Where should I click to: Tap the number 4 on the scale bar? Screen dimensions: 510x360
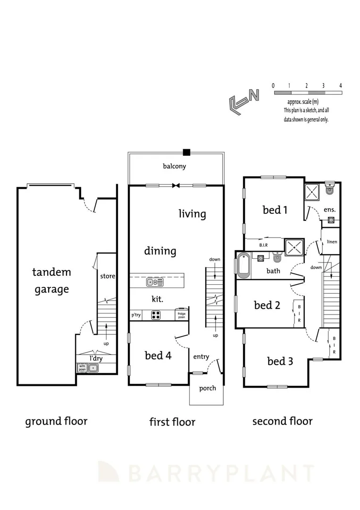[340, 85]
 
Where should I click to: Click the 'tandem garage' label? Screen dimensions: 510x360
[51, 280]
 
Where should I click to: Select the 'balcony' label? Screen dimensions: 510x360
[175, 166]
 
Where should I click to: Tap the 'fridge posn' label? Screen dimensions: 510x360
[181, 314]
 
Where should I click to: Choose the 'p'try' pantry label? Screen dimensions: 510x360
[136, 315]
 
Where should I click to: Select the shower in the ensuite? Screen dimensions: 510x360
[312, 192]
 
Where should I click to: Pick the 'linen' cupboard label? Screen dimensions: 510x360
[332, 242]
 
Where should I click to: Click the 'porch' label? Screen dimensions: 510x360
[208, 388]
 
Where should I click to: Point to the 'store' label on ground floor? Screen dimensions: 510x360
[108, 276]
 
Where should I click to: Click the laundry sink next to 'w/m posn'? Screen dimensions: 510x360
[94, 367]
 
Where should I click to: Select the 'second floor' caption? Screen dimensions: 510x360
[282, 421]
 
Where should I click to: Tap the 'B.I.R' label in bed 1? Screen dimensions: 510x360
[264, 246]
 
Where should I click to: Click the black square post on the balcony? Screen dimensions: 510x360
[187, 152]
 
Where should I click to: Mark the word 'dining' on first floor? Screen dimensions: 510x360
[160, 251]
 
